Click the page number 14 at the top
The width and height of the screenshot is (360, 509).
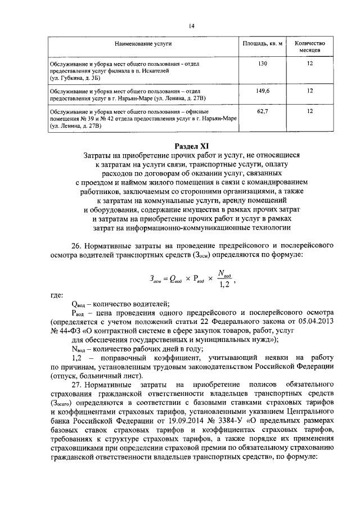[191, 26]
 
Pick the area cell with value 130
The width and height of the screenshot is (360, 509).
[263, 65]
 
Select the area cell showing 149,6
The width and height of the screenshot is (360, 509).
[263, 90]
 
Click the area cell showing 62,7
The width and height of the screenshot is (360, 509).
[263, 111]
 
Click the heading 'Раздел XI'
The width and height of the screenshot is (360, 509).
[192, 146]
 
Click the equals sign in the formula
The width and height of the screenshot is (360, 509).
[165, 278]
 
